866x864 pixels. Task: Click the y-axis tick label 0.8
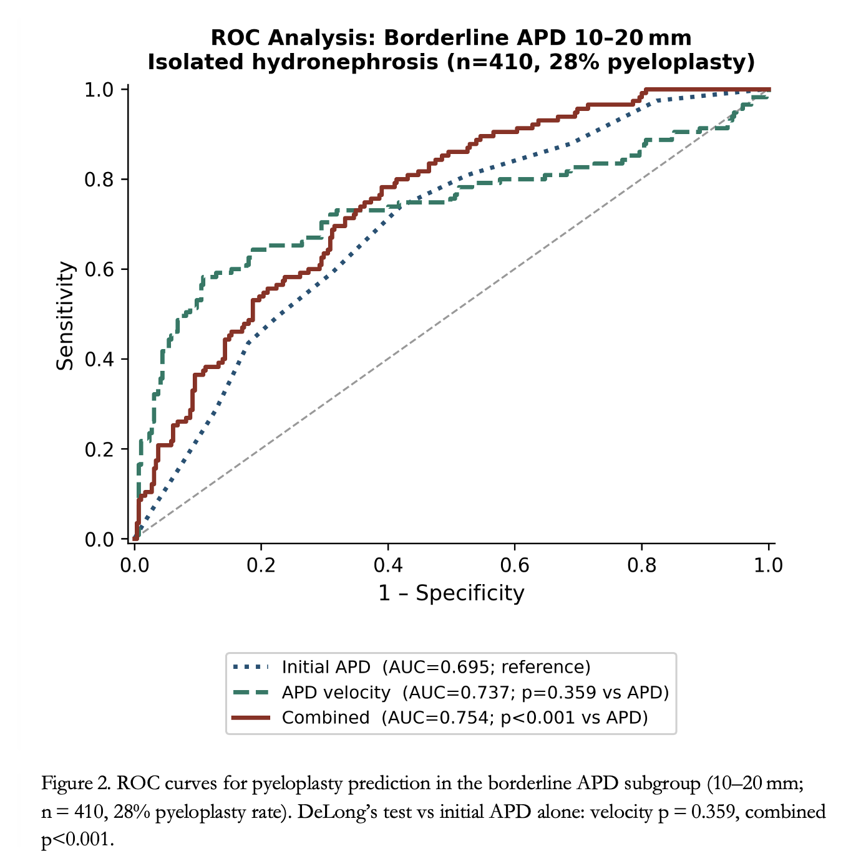[x=99, y=180]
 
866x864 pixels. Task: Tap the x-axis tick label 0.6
[x=515, y=565]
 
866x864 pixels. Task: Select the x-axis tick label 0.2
[x=261, y=565]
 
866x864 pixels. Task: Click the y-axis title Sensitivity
[x=65, y=316]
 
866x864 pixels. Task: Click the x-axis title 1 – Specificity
[x=451, y=593]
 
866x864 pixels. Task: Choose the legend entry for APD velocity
[x=450, y=693]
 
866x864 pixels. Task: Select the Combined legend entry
[x=440, y=718]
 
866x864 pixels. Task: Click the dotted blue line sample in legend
[x=251, y=668]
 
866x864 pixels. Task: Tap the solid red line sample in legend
[x=251, y=718]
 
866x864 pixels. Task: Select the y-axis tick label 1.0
[x=99, y=90]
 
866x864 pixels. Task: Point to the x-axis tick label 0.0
[x=134, y=565]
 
